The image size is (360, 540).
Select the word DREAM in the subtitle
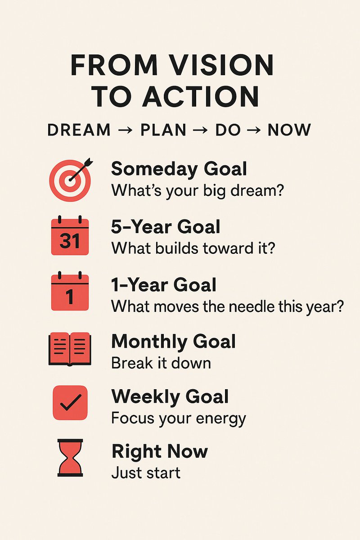click(x=79, y=130)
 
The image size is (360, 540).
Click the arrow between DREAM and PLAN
click(x=126, y=130)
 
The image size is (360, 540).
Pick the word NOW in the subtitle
click(x=289, y=130)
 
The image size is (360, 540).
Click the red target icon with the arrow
click(x=70, y=180)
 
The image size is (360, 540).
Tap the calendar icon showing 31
click(x=70, y=236)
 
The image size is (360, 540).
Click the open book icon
click(x=70, y=349)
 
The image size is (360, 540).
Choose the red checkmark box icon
click(x=70, y=403)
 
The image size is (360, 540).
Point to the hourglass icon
click(x=70, y=458)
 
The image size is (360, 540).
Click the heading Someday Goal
click(x=179, y=169)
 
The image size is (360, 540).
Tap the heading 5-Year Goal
click(x=166, y=227)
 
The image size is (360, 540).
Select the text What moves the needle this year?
click(x=228, y=306)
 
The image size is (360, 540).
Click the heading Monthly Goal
click(x=173, y=342)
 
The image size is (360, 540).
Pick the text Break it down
click(x=161, y=363)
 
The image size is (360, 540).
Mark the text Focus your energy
click(x=178, y=418)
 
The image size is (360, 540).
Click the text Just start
click(x=146, y=473)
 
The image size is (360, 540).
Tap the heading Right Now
click(x=160, y=452)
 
